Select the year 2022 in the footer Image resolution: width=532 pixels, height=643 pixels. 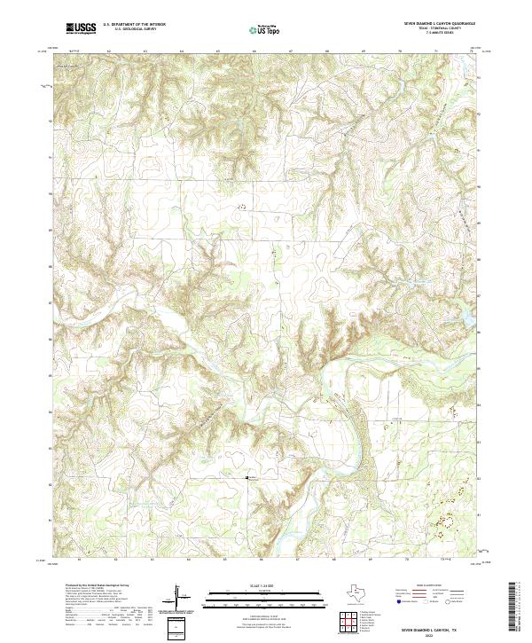pos(432,633)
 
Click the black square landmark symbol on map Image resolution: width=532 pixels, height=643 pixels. pos(247,477)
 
